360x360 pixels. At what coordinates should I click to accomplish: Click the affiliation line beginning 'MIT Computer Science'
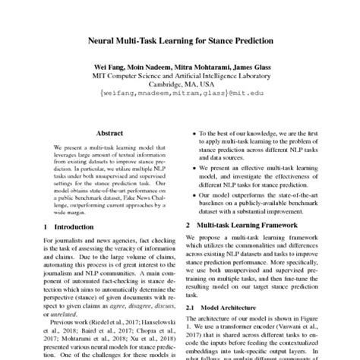(x=180, y=77)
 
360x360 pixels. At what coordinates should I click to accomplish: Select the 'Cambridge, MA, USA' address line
(x=180, y=86)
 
